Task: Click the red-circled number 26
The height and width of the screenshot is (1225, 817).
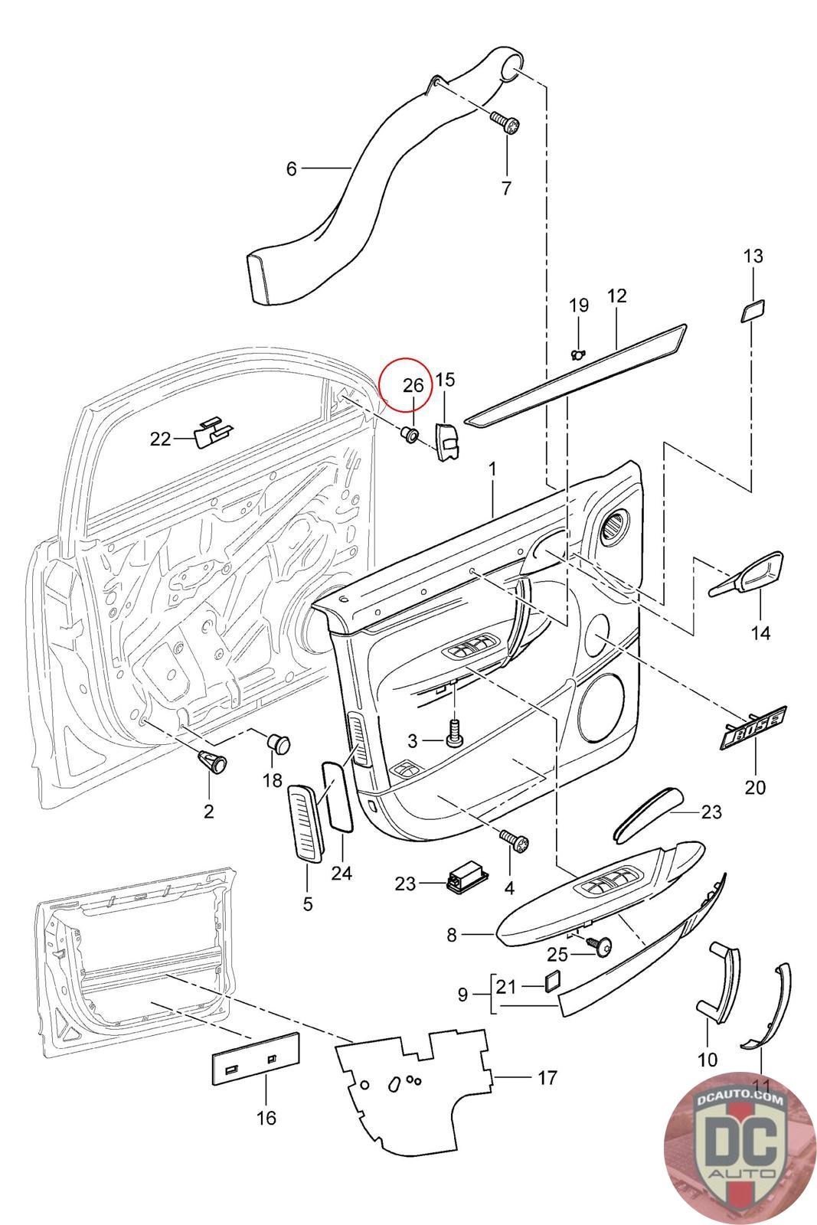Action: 413,385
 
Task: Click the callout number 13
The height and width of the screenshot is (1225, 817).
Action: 753,256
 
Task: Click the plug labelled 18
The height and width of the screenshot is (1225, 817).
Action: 279,742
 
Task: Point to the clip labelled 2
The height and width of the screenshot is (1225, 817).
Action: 211,761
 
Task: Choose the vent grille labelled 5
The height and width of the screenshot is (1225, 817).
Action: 306,823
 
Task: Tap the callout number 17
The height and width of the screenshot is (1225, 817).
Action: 547,1078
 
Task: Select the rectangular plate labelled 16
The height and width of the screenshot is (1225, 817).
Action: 255,1057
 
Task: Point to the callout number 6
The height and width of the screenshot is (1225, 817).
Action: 291,168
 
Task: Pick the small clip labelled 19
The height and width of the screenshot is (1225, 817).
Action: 577,353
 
